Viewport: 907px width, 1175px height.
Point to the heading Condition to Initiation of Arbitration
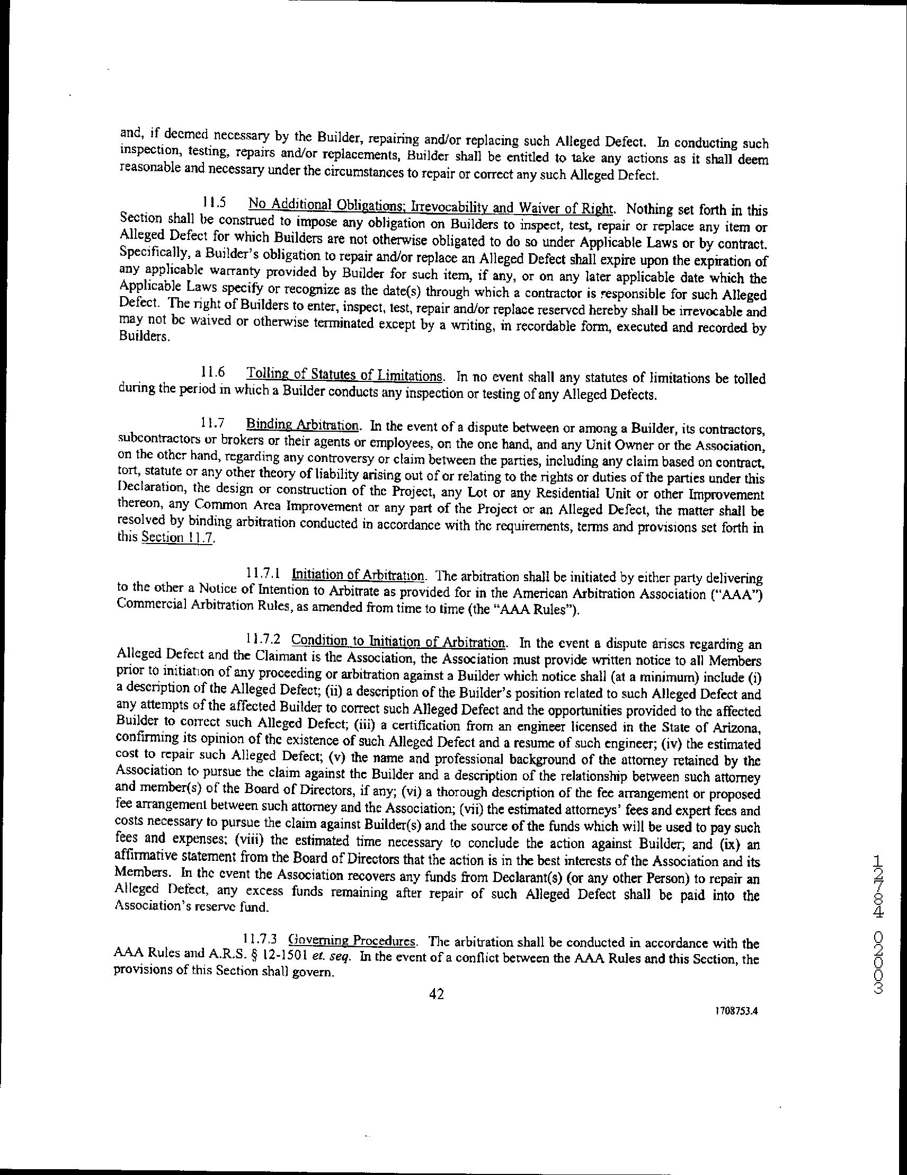[x=398, y=641]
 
